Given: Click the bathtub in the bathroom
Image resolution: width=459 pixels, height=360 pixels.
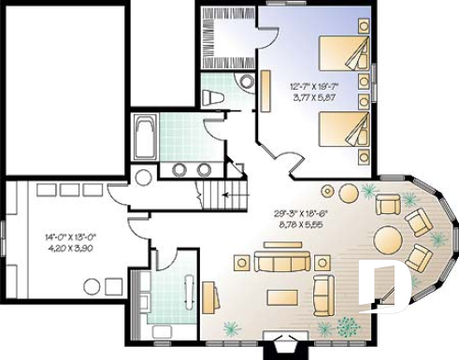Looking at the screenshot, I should click(145, 137).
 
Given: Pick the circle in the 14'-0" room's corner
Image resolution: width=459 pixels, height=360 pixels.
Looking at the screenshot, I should click(144, 178).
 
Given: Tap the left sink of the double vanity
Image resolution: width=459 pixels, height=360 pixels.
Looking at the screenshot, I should click(179, 169).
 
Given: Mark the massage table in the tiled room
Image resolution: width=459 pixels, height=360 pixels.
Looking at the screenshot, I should click(188, 295).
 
